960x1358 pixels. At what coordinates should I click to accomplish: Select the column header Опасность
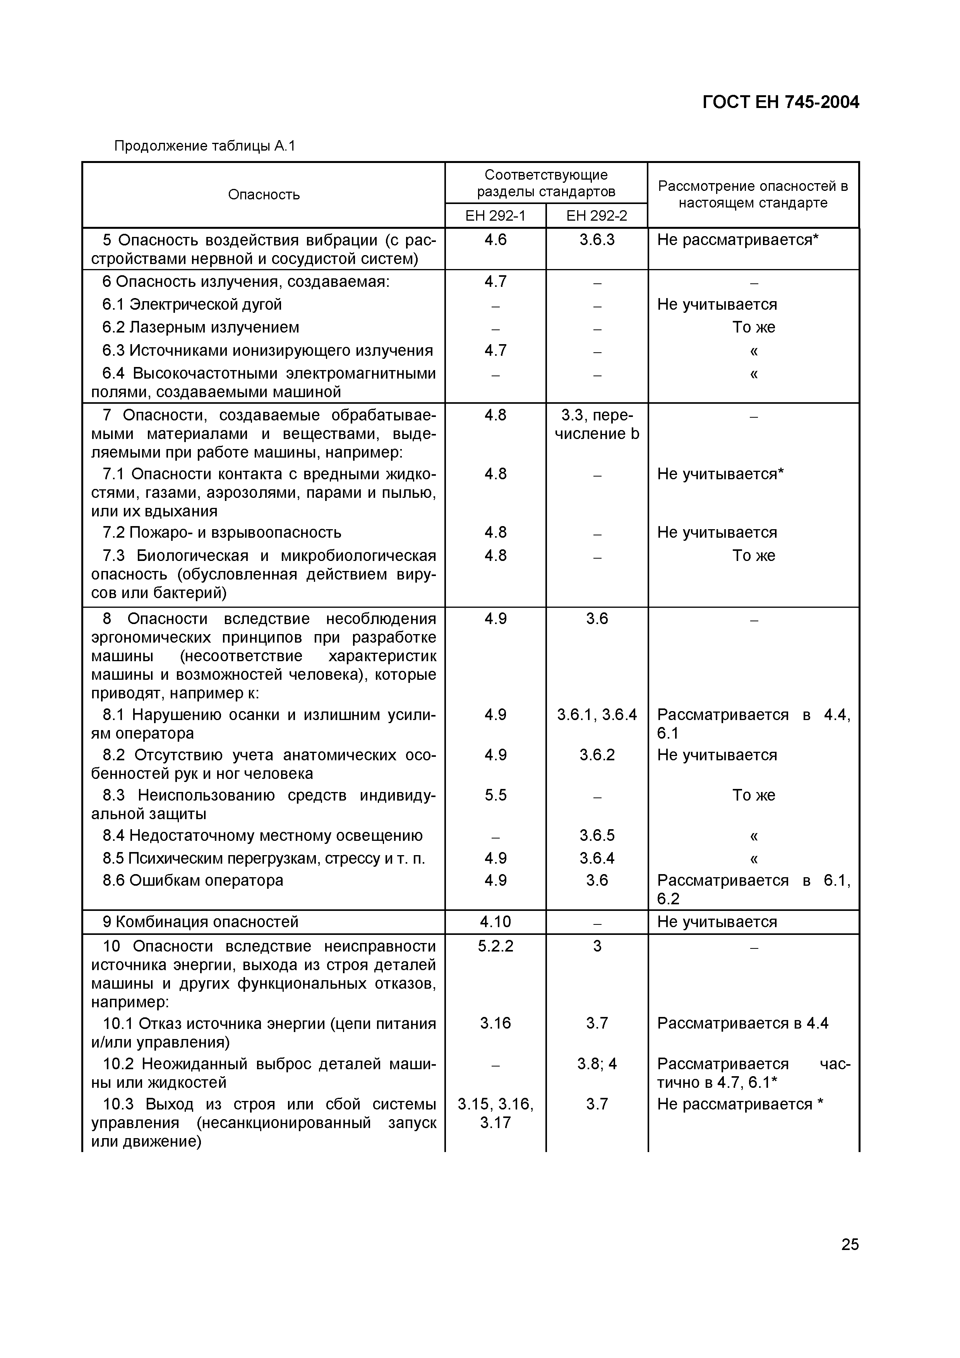pos(264,195)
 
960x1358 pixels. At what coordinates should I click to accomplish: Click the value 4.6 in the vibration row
pos(495,240)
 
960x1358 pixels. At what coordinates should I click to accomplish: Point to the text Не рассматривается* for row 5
pos(737,240)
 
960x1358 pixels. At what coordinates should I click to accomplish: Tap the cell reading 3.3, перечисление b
pos(597,424)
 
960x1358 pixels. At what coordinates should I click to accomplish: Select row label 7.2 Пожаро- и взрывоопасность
pos(222,532)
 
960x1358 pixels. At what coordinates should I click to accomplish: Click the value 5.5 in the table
pos(495,795)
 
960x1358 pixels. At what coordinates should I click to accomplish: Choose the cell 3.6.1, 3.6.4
pos(597,715)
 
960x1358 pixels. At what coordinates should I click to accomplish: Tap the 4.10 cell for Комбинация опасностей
pos(495,921)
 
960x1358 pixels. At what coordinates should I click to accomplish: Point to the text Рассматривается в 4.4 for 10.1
pos(742,1023)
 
